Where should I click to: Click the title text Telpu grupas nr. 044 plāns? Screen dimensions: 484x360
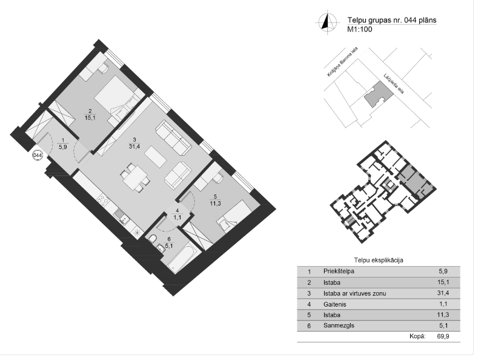point(392,21)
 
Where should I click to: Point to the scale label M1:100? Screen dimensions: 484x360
point(360,29)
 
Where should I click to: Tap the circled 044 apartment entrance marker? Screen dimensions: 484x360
point(38,155)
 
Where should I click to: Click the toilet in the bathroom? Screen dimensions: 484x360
point(153,239)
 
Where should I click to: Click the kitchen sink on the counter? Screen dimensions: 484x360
point(122,216)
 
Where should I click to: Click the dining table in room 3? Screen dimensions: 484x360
point(136,178)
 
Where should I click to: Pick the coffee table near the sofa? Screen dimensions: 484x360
point(156,156)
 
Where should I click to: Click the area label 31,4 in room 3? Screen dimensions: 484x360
point(134,146)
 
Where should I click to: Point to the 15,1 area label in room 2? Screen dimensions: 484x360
point(90,118)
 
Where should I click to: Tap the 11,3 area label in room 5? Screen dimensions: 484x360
point(215,204)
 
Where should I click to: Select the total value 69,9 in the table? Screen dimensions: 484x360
point(443,336)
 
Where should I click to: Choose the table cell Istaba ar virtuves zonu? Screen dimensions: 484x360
point(354,293)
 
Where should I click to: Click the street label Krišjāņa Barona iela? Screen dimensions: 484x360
point(342,62)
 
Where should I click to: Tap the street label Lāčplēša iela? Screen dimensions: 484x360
point(394,84)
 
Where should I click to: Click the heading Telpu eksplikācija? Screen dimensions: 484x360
point(379,260)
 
